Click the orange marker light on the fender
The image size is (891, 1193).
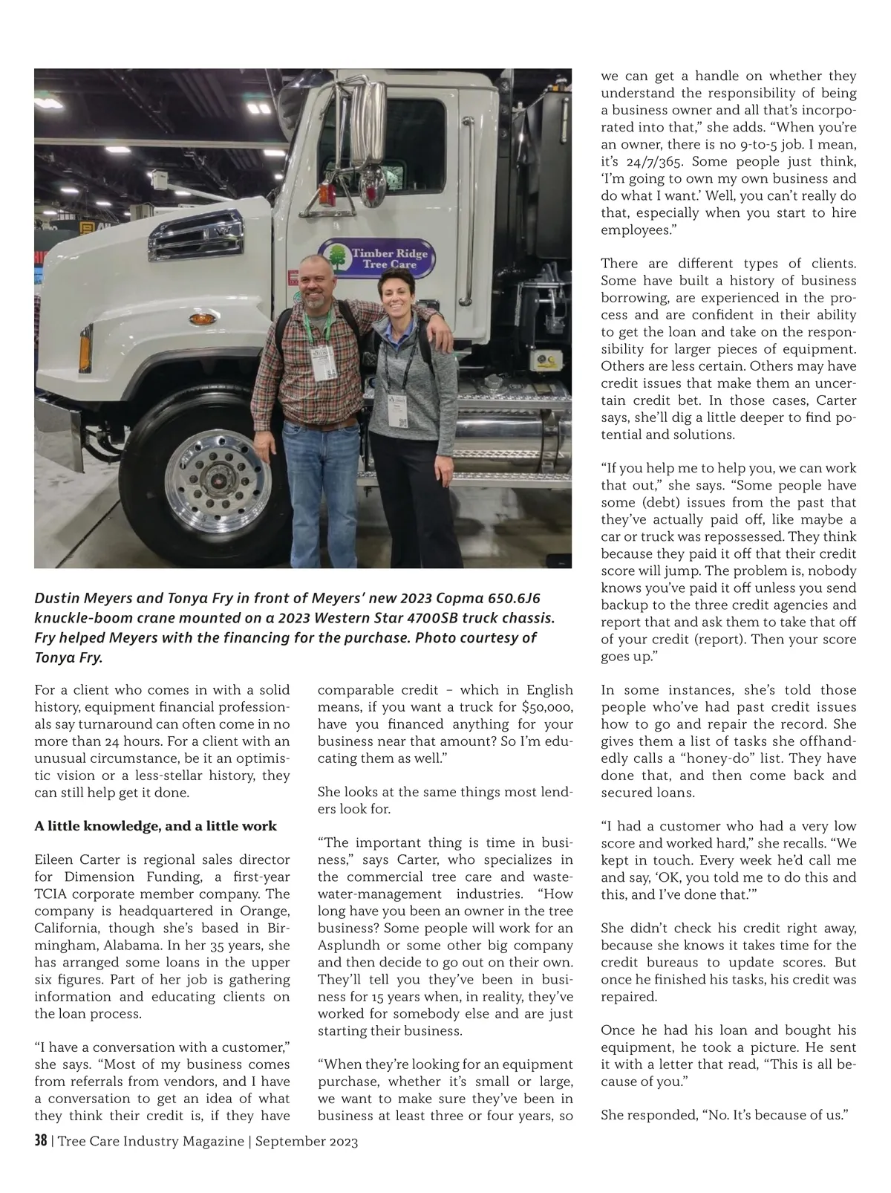pos(200,319)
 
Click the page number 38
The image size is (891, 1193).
pos(41,1141)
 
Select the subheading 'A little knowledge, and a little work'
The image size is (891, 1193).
pos(156,826)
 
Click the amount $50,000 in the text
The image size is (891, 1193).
pos(548,707)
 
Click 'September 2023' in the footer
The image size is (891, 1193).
pos(307,1142)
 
